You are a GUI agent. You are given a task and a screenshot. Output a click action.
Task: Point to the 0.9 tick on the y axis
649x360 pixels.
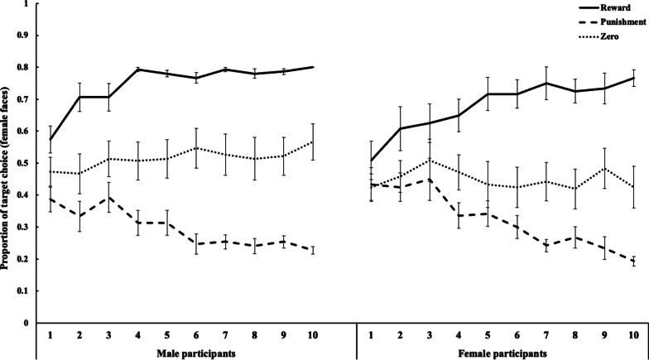click(22, 35)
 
